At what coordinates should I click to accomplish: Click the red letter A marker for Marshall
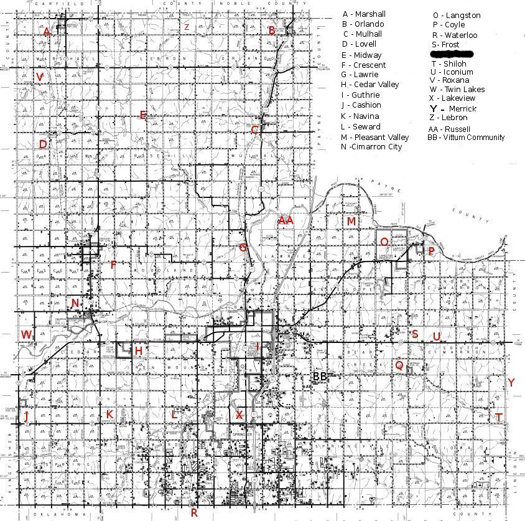(46, 32)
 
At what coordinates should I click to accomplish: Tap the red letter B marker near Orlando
(271, 30)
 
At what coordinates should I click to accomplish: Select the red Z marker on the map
(186, 27)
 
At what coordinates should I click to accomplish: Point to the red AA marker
(286, 220)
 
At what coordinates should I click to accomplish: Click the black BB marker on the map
(320, 376)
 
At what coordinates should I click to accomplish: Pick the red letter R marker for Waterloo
(194, 512)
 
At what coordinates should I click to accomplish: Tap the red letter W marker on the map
(26, 335)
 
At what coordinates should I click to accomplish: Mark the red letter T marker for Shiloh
(498, 417)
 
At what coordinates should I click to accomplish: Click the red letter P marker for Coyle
(430, 251)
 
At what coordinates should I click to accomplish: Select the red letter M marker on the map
(351, 222)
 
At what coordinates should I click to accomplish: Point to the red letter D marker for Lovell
(43, 144)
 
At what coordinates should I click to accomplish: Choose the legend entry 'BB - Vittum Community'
(466, 138)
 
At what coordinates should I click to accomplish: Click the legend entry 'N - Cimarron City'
(371, 147)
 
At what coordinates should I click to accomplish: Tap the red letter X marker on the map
(239, 414)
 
